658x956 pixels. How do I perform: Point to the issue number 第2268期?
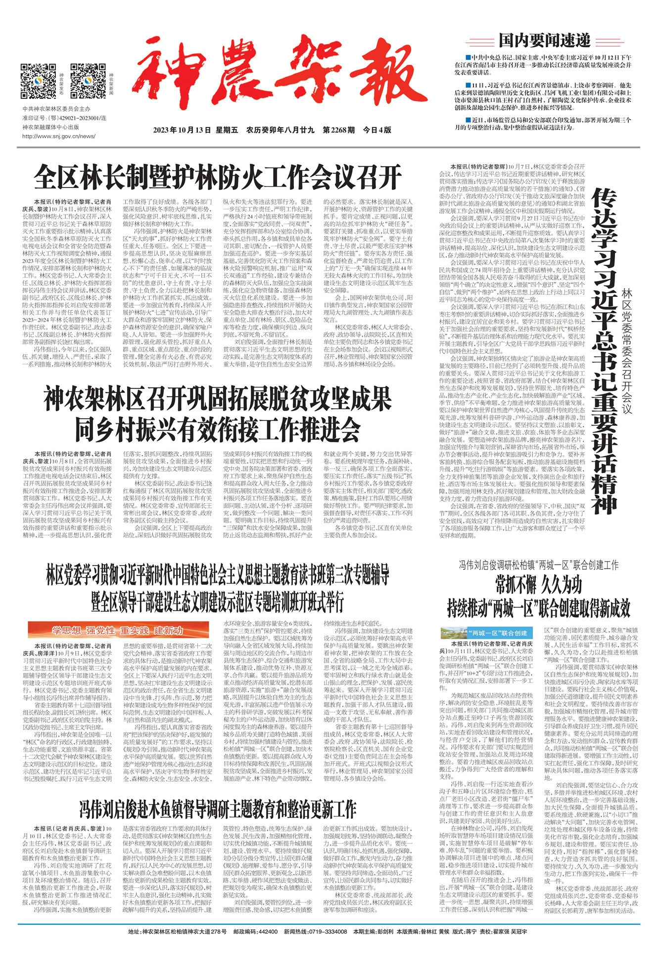click(x=339, y=130)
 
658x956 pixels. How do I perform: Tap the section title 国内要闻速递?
click(x=544, y=40)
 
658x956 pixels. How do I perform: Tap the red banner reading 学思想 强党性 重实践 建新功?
click(x=118, y=630)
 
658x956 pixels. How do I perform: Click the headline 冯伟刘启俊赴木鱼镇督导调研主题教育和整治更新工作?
click(x=218, y=810)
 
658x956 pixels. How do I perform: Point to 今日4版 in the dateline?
click(x=377, y=130)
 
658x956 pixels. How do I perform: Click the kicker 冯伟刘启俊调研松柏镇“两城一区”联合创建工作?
click(x=538, y=565)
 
